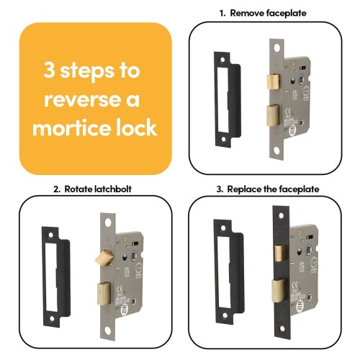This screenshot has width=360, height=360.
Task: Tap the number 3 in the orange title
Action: [49, 70]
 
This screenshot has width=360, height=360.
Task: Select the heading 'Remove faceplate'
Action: [268, 13]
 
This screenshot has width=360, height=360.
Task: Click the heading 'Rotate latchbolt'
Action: [98, 189]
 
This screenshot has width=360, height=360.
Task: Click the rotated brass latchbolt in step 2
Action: [104, 258]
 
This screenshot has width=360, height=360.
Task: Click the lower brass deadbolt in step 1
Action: [273, 115]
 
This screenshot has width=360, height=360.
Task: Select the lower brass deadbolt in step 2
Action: [104, 294]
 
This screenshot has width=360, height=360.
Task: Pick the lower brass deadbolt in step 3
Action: [278, 290]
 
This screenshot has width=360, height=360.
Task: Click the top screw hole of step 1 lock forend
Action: [277, 48]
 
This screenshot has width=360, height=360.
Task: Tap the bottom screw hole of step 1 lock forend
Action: [276, 150]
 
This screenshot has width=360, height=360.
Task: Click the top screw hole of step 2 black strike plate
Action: [50, 234]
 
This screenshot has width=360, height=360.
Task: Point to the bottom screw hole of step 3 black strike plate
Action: [225, 315]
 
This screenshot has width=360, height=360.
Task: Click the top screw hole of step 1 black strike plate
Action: [222, 60]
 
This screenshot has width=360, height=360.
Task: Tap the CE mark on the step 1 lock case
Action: [288, 111]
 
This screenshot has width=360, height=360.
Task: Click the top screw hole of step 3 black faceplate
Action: [282, 215]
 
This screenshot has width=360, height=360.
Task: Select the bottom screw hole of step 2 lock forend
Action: [108, 330]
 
